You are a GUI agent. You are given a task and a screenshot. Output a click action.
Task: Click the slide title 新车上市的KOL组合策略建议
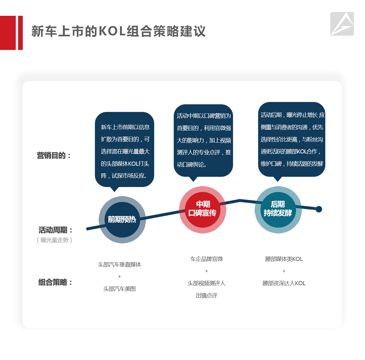pyautogui.click(x=118, y=31)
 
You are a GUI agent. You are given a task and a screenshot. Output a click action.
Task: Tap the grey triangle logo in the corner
pyautogui.click(x=342, y=24)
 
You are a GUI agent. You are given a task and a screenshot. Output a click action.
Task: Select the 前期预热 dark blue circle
pyautogui.click(x=122, y=219)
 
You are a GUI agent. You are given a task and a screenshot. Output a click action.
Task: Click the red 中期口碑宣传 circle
pyautogui.click(x=202, y=210)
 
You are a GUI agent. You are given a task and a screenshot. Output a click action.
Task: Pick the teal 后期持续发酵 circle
pyautogui.click(x=278, y=210)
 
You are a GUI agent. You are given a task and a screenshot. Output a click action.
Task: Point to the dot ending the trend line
pyautogui.click(x=319, y=209)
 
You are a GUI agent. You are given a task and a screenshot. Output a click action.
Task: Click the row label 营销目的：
pyautogui.click(x=54, y=155)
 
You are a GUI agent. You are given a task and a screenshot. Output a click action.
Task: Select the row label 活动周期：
pyautogui.click(x=55, y=230)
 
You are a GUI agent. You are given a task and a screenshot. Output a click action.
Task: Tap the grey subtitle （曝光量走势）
pyautogui.click(x=55, y=240)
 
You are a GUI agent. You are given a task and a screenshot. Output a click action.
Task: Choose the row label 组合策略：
pyautogui.click(x=55, y=282)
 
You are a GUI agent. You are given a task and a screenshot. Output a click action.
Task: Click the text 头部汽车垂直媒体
pyautogui.click(x=119, y=264)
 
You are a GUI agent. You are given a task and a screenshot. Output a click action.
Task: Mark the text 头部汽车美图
pyautogui.click(x=119, y=289)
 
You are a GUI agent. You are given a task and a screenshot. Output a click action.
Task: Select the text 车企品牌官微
pyautogui.click(x=206, y=259)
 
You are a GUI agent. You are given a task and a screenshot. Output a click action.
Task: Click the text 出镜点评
pyautogui.click(x=206, y=295)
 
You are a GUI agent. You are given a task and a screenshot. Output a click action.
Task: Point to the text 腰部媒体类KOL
pyautogui.click(x=284, y=259)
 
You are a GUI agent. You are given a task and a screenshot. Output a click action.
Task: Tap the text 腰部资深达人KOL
pyautogui.click(x=284, y=283)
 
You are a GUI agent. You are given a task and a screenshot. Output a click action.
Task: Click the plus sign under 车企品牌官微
pyautogui.click(x=206, y=271)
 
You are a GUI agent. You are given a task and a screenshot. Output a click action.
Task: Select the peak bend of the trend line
pyautogui.click(x=240, y=200)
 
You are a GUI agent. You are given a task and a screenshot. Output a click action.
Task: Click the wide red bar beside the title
pyautogui.click(x=8, y=33)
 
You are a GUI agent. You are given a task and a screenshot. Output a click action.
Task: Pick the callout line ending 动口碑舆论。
pyautogui.click(x=191, y=164)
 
